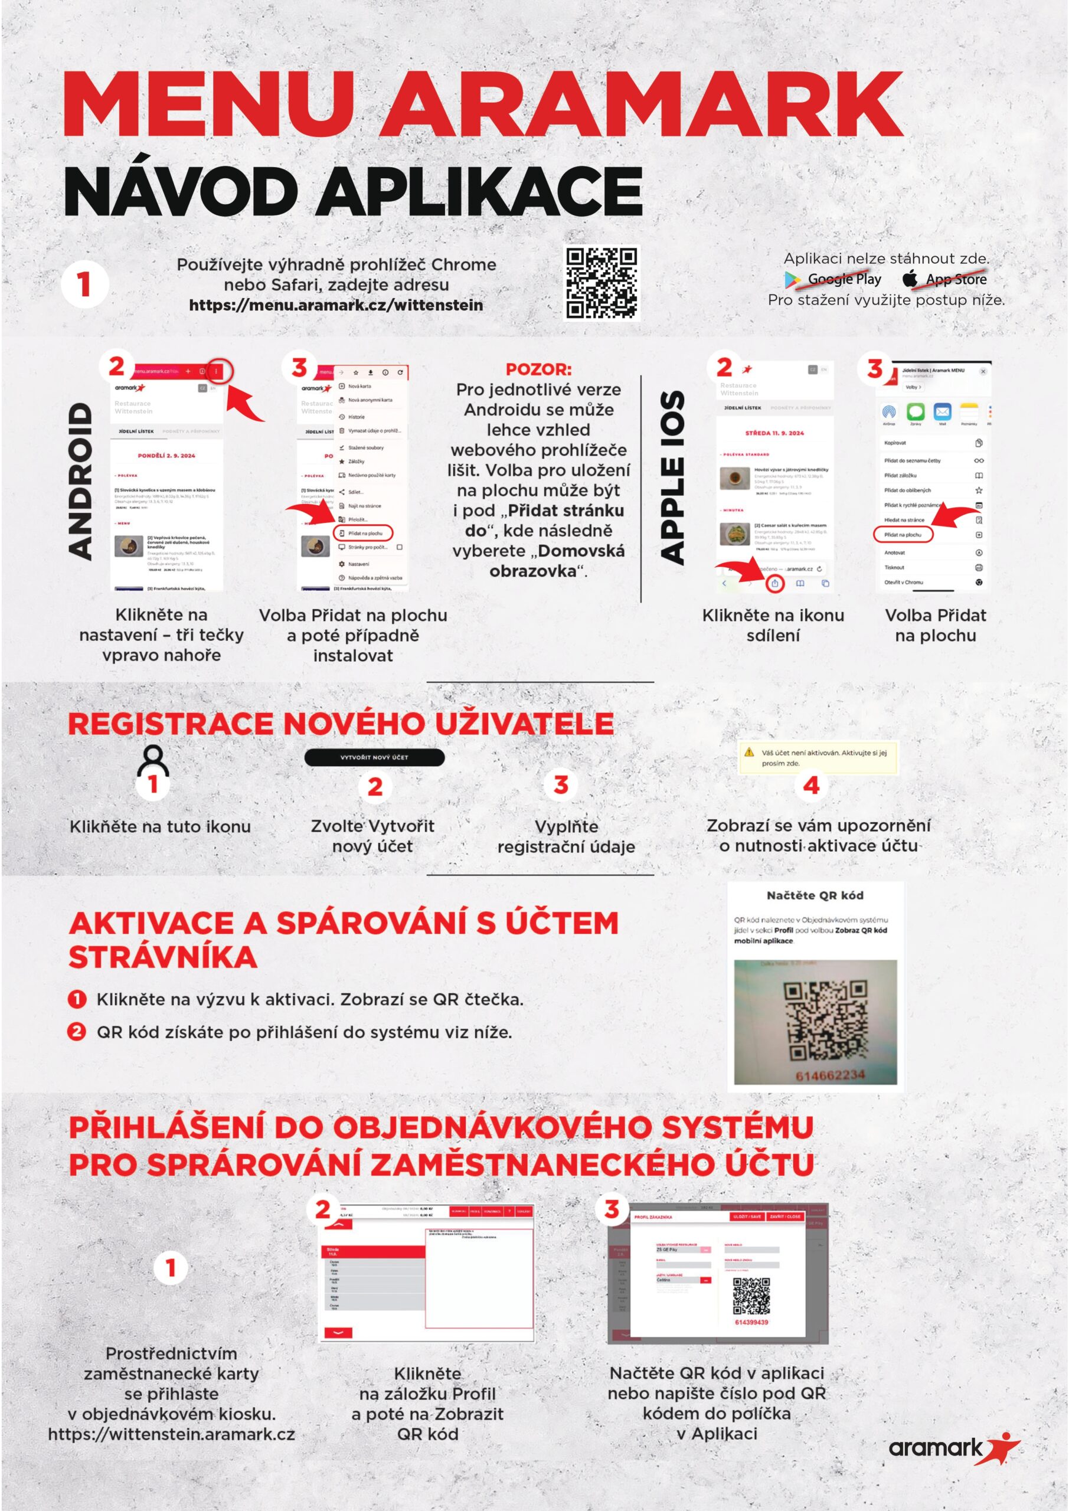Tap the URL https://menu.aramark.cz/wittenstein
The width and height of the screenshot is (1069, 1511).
[x=336, y=305]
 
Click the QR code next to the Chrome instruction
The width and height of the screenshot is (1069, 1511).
[x=601, y=284]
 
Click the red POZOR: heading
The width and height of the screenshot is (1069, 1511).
[x=538, y=369]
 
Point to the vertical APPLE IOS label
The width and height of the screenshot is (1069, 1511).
[x=671, y=477]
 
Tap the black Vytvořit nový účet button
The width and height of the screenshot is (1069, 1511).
[x=374, y=757]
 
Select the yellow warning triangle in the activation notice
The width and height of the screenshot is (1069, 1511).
[x=748, y=752]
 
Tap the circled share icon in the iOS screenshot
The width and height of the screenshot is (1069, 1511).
[x=776, y=583]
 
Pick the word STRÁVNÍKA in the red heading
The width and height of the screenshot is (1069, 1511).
[x=162, y=957]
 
